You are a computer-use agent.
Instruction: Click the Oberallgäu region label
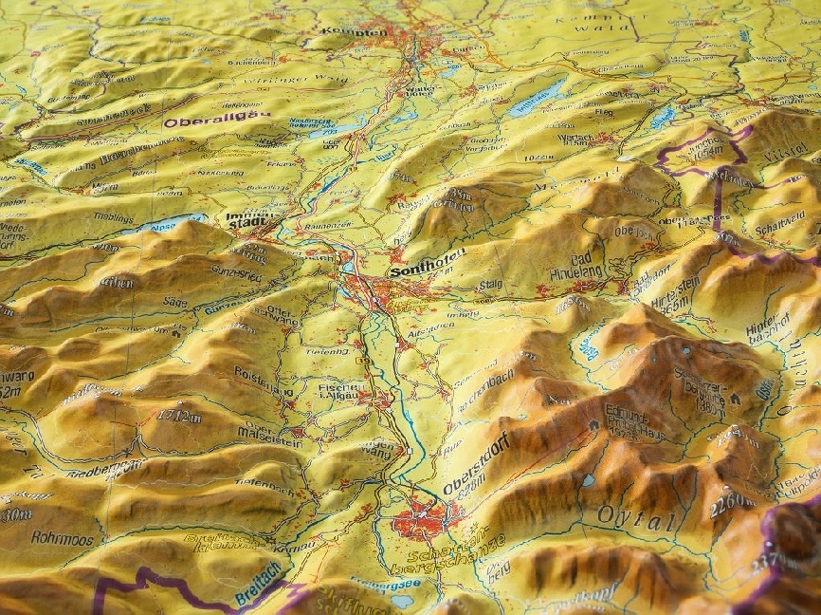216,120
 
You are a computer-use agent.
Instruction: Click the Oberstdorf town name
476,464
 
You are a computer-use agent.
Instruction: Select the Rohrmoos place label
62,538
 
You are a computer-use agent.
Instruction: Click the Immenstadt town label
250,220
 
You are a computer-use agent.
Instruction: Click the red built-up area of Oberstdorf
423,520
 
